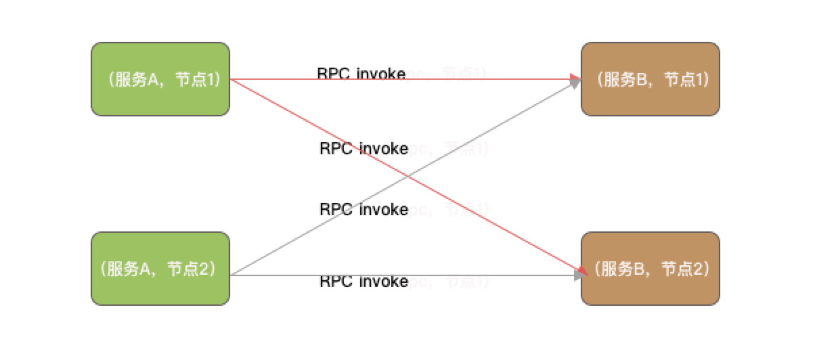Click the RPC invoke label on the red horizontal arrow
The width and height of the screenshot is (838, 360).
361,73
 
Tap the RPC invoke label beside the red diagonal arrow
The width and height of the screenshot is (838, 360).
363,148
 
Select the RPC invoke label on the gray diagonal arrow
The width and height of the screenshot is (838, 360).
363,209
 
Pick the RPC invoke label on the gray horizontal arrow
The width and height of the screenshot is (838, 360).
363,281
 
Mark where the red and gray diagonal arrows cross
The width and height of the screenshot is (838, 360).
405,177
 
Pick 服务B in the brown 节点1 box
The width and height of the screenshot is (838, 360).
625,79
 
